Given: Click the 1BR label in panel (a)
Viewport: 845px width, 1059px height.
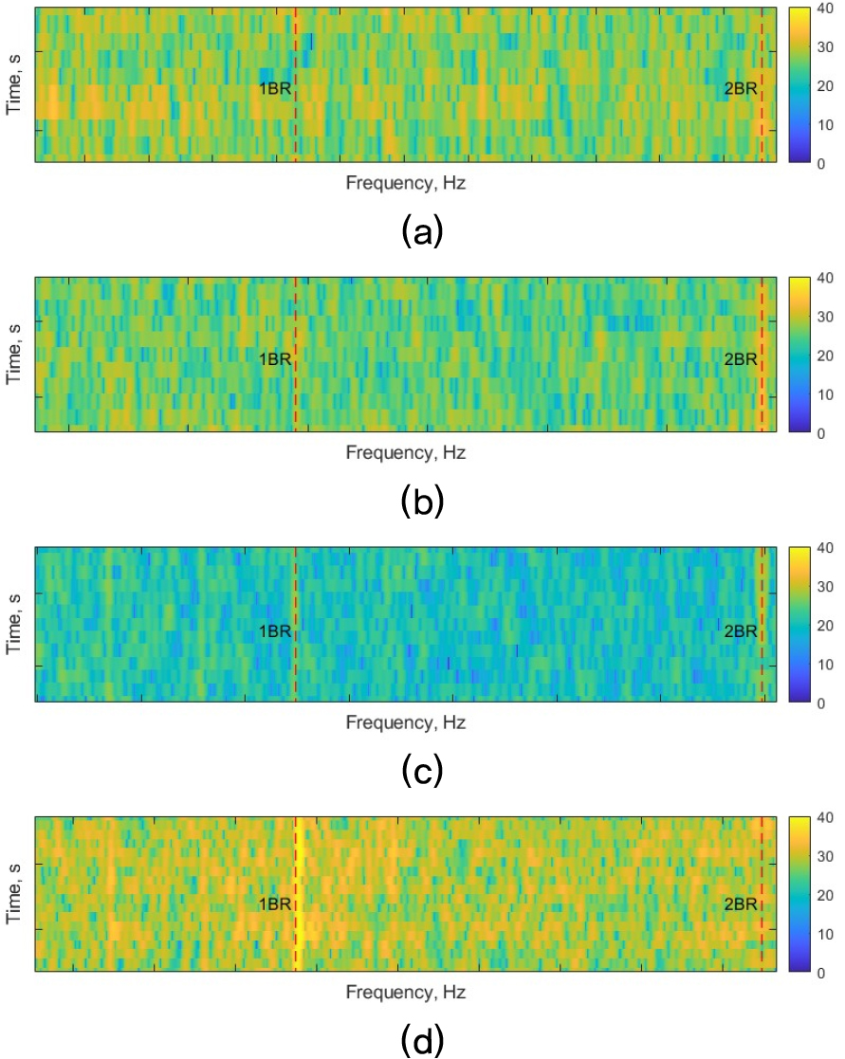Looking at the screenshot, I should click(274, 89).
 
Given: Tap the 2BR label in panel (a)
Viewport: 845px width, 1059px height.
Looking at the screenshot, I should click(740, 89).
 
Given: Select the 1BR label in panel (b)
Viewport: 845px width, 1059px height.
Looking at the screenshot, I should click(274, 358).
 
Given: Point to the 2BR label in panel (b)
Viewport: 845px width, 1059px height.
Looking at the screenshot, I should click(740, 358).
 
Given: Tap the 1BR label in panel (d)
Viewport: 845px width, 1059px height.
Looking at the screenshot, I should click(274, 904).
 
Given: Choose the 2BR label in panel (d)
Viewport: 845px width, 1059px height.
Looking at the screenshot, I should click(740, 904).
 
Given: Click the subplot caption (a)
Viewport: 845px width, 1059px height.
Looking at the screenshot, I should click(422, 230).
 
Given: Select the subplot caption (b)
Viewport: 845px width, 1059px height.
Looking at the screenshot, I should click(422, 501).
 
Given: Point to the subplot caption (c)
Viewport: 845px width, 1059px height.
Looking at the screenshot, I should click(422, 772).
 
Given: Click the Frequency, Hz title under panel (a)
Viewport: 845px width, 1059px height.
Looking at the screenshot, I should click(405, 184).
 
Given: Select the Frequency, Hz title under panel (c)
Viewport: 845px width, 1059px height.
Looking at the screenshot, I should click(405, 722).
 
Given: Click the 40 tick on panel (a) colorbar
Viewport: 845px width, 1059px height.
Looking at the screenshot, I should click(823, 9).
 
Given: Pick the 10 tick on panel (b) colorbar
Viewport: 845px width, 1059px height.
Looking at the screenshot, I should click(823, 393).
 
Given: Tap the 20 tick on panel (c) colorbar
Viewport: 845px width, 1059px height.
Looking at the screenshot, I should click(823, 625).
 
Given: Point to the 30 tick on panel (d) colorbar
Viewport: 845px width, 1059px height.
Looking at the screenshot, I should click(823, 856).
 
